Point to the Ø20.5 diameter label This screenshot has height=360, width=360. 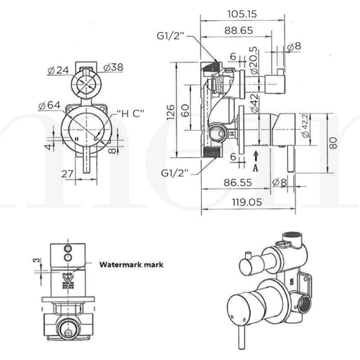[x=254, y=59]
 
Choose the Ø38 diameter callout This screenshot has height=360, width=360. [x=113, y=67]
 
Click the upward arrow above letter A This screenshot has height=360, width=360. [x=256, y=157]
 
